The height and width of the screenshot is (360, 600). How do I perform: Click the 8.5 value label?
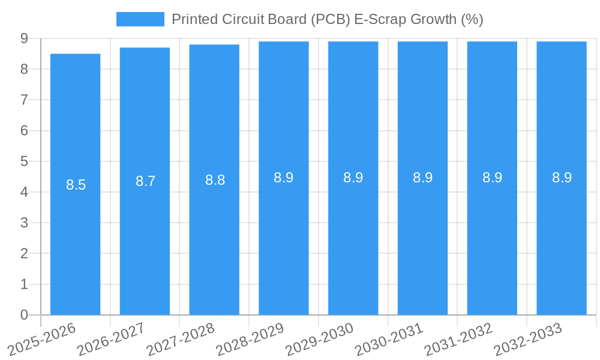pos(76,185)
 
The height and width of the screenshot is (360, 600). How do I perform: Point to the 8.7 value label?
pos(145,181)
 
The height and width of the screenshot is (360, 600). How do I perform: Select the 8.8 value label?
pos(215,180)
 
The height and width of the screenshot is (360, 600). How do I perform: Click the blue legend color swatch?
pos(140,19)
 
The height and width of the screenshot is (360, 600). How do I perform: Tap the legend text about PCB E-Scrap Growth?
pos(327,19)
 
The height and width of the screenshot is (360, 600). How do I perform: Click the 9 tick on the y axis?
pos(24,38)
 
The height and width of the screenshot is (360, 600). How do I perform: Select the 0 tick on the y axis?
pos(24,315)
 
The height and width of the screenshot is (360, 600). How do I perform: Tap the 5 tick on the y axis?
pos(24,161)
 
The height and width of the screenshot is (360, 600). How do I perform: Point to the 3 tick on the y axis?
pos(24,223)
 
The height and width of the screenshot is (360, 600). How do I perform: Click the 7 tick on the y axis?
pos(24,100)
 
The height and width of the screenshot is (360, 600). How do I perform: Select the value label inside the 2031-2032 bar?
pos(492,178)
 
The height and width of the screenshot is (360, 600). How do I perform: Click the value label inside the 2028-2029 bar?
pos(284,178)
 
